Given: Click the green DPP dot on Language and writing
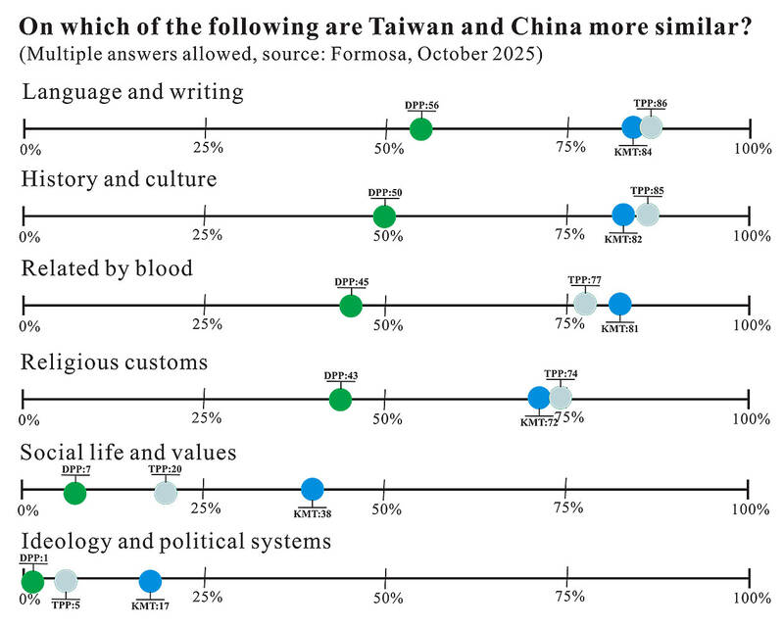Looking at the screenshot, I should pos(420,128).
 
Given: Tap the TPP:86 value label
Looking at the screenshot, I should pos(651,102).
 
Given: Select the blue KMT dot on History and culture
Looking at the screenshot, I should pos(623,216).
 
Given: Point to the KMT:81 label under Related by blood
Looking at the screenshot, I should pos(619,328).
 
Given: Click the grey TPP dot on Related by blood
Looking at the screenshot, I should pos(584,304).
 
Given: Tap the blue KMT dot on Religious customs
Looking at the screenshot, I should pos(539,398).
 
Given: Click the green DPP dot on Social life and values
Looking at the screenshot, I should pos(74,492).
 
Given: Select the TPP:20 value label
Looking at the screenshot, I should pos(166,469).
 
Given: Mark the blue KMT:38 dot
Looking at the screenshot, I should pos(312,489).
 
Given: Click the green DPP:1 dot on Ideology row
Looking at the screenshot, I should pos(32,581).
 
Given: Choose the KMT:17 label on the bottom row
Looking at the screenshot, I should pos(150,605).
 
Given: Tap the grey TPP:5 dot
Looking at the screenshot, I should pos(65,581).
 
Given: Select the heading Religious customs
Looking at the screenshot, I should pos(115,362).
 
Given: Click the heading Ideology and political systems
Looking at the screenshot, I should pos(175,542).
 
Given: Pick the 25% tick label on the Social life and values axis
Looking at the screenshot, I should pos(206,508).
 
